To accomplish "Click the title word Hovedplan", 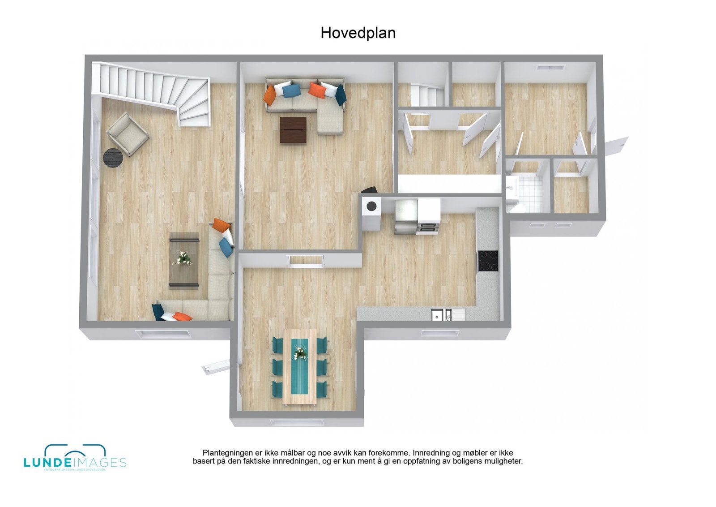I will tap(358, 33).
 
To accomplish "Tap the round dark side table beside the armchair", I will tap(113, 158).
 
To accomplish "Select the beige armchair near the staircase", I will tap(127, 133).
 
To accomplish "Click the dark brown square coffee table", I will tap(293, 130).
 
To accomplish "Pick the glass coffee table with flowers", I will tap(184, 260).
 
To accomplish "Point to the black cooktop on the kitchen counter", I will tap(488, 261).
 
